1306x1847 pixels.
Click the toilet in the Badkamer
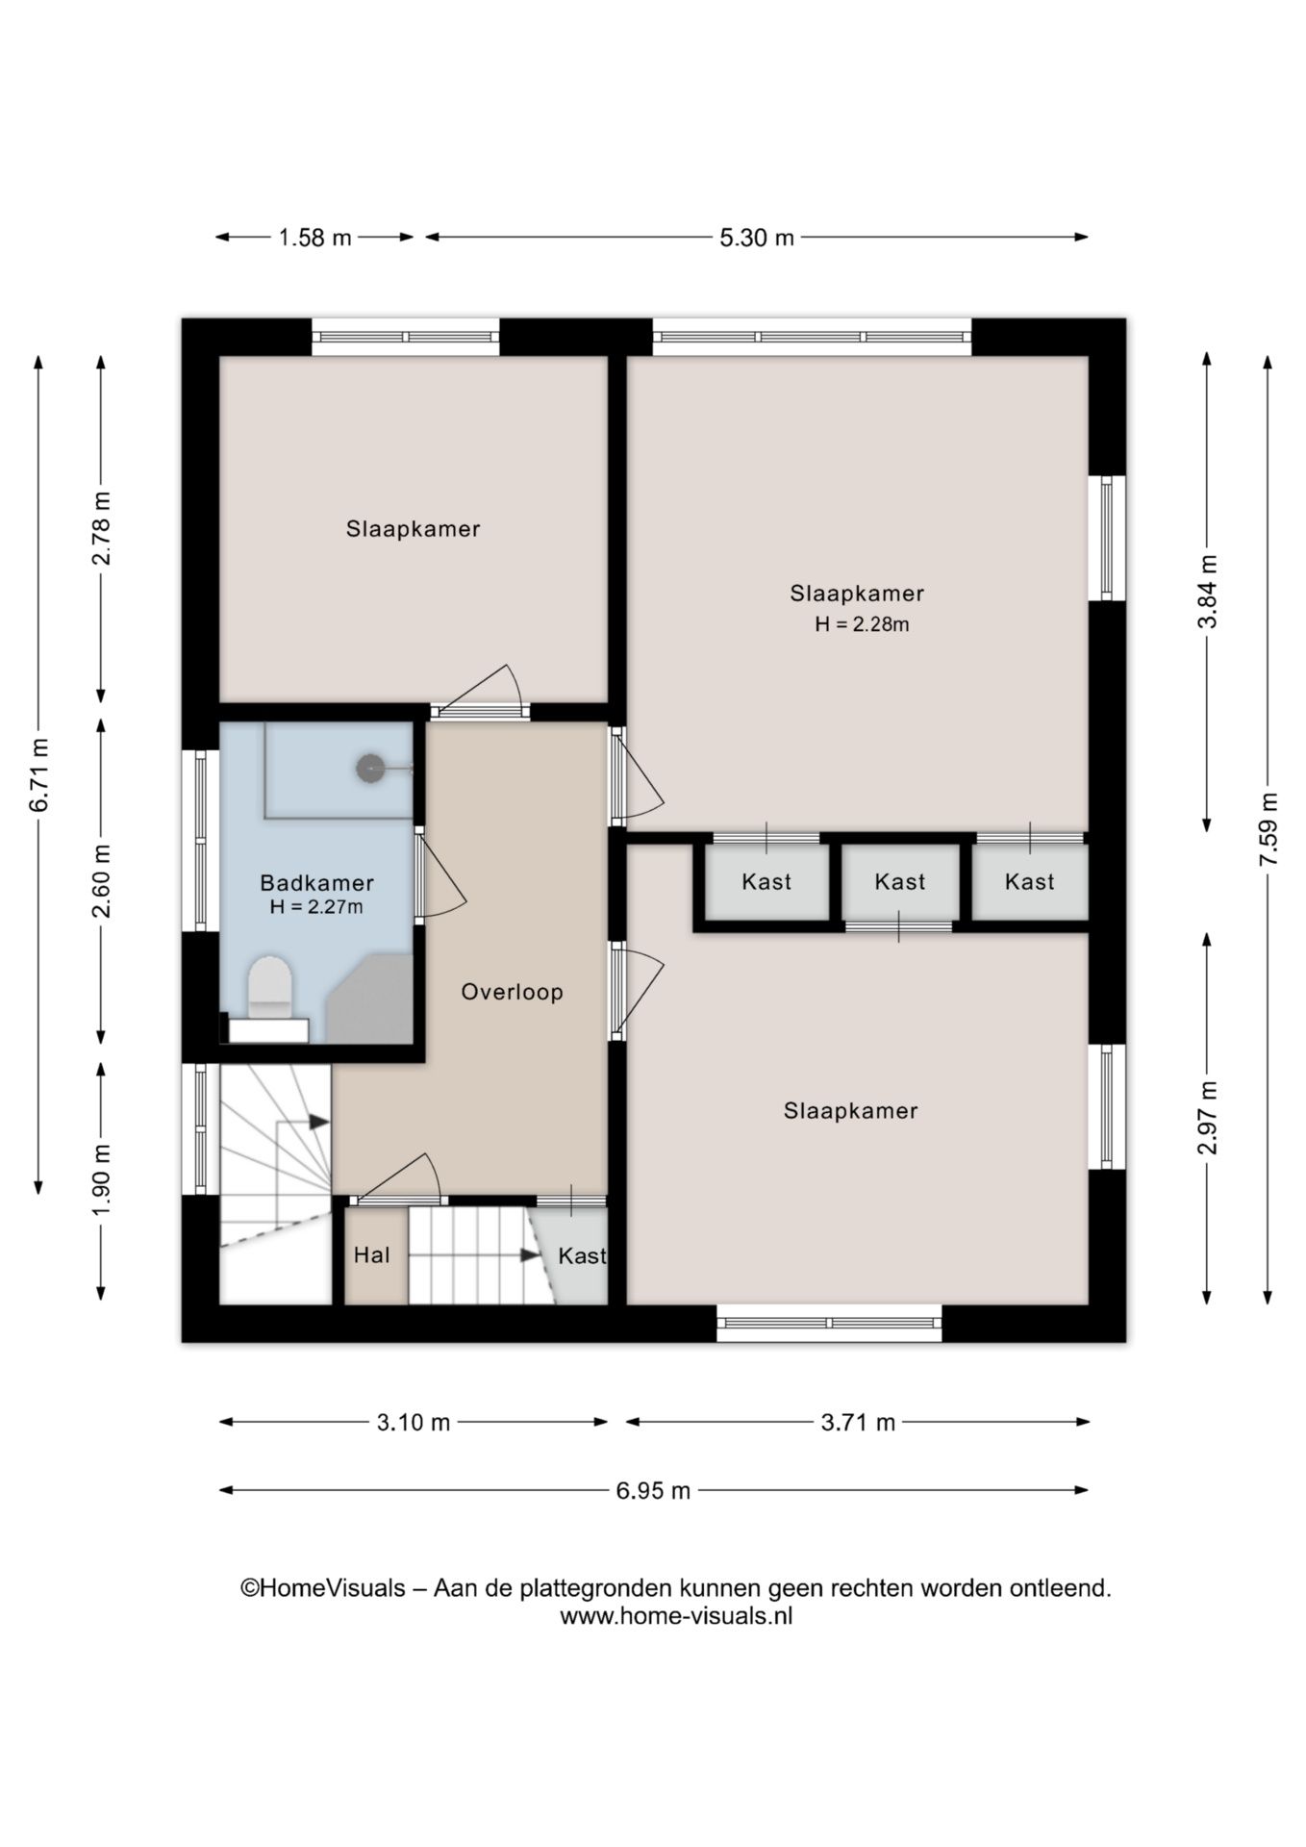tap(269, 988)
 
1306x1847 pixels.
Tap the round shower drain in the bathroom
tap(370, 768)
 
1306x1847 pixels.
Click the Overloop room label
tap(512, 992)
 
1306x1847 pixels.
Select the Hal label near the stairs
tap(372, 1254)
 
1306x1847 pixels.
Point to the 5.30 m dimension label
tap(757, 238)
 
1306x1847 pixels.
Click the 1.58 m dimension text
tap(315, 238)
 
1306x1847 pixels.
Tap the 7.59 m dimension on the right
tap(1268, 828)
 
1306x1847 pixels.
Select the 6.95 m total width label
tap(654, 1490)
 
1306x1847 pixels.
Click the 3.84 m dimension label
tap(1208, 592)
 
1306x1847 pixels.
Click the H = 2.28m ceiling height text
tap(862, 624)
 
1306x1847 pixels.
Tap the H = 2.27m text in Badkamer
tap(316, 906)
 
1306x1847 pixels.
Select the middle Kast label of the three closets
tap(900, 881)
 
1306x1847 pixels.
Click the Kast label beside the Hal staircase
tap(582, 1255)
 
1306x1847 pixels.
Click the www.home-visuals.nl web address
tap(676, 1615)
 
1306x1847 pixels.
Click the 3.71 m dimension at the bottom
tap(858, 1422)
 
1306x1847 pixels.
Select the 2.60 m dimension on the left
tap(101, 880)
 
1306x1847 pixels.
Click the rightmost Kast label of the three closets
tap(1030, 881)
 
